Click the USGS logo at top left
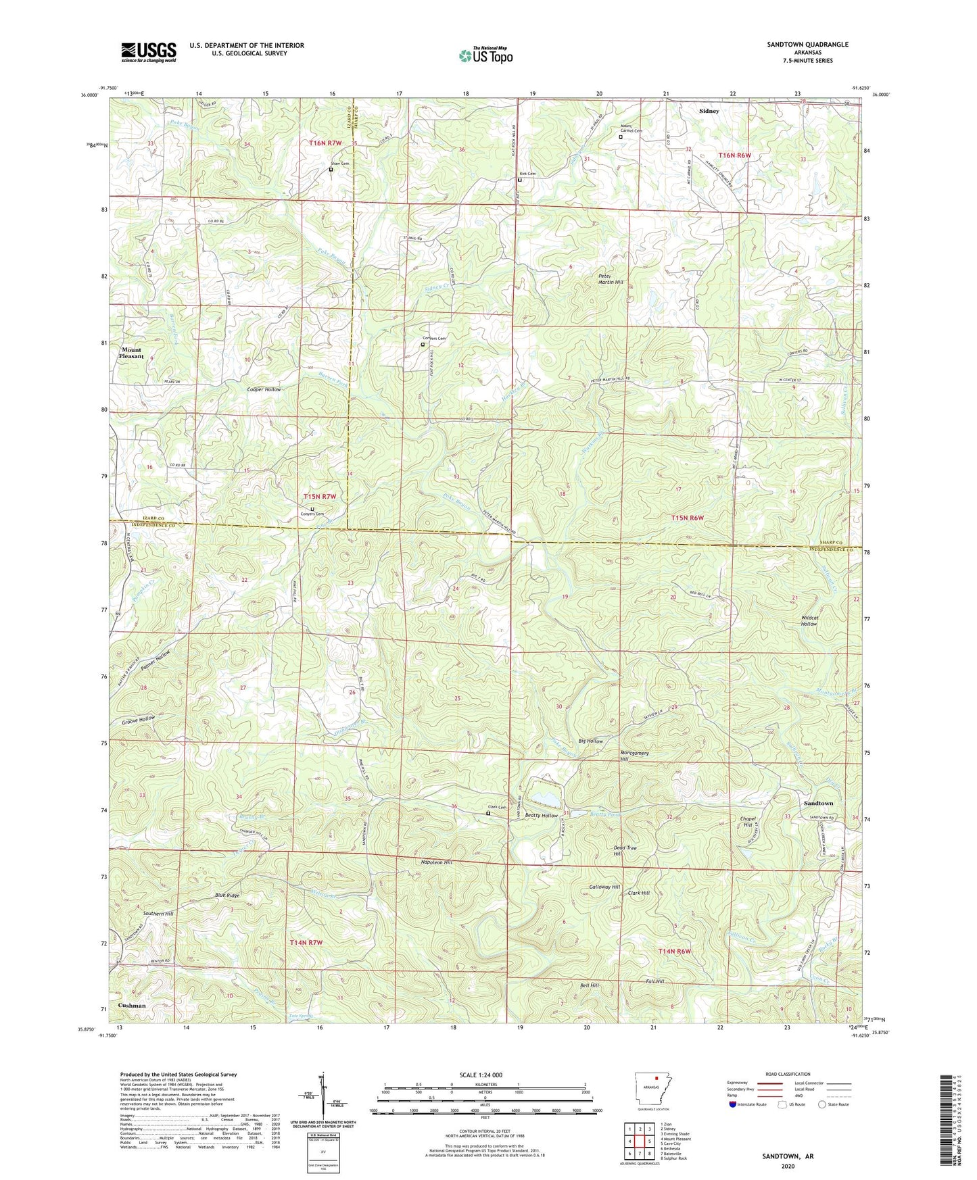coord(149,52)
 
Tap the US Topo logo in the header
coord(485,55)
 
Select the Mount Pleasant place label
coord(132,353)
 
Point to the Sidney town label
coord(709,110)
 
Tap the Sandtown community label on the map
coord(818,803)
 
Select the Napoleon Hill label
coord(435,862)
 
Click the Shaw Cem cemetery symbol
coord(331,170)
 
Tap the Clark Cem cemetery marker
coord(489,814)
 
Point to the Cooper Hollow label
coord(264,390)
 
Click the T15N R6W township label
coord(688,518)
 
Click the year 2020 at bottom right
coord(788,1166)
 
